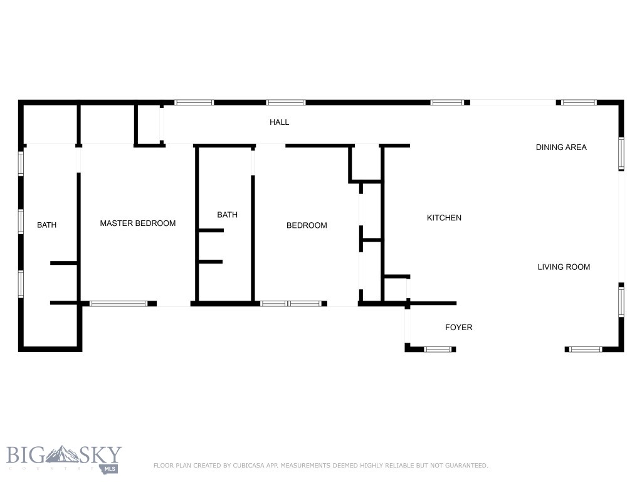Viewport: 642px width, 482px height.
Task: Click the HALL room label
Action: click(x=279, y=122)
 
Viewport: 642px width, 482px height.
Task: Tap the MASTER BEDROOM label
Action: click(x=138, y=223)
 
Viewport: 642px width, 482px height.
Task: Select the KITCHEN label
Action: click(x=444, y=218)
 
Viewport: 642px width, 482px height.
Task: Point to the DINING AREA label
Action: click(x=561, y=147)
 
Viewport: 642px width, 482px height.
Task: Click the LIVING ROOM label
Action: click(x=564, y=267)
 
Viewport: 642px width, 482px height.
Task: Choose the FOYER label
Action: click(x=458, y=328)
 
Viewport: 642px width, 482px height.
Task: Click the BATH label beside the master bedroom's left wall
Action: click(x=46, y=225)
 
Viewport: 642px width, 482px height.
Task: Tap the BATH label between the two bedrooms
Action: click(x=227, y=215)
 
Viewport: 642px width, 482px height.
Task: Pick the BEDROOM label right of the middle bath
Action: click(x=307, y=226)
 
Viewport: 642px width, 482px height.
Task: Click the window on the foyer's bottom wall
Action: click(x=438, y=349)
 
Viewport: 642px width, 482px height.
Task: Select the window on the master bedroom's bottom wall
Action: click(x=119, y=304)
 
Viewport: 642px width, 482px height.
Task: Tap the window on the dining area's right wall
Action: click(x=621, y=153)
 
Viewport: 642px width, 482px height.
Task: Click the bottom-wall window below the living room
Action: click(x=586, y=349)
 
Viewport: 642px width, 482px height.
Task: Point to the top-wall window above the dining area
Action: click(x=579, y=102)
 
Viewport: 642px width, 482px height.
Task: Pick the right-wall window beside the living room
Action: click(x=621, y=301)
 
